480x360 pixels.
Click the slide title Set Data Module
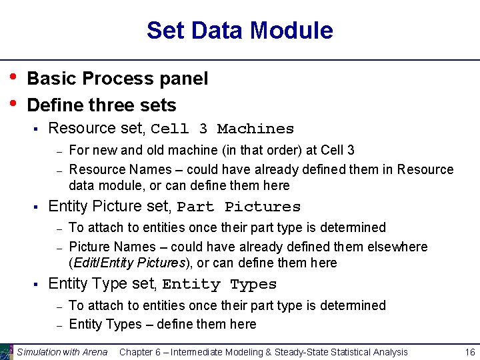pos(239,31)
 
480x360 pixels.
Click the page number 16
pos(469,352)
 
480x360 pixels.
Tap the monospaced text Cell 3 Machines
pos(222,129)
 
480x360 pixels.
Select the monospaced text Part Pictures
pos(239,207)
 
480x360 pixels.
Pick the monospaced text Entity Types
pos(219,285)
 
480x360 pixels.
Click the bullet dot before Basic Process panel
pos(13,77)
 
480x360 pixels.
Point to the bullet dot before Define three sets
pos(13,103)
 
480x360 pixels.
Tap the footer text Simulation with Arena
pos(62,352)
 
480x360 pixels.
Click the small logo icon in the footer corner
pos(7,352)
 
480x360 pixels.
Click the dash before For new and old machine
pos(59,151)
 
